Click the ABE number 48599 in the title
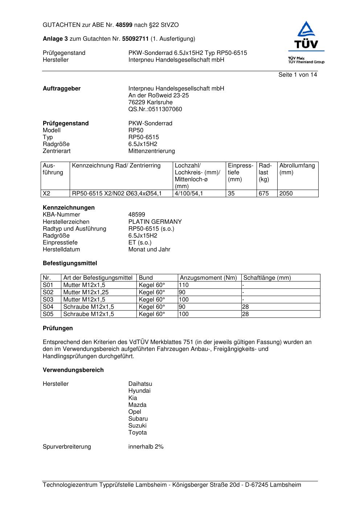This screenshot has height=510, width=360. click(124, 25)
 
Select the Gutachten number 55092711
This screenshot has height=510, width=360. click(135, 39)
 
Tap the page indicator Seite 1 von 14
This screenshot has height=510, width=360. click(298, 75)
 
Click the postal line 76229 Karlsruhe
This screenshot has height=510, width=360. click(150, 102)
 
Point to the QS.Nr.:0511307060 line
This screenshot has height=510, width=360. click(155, 109)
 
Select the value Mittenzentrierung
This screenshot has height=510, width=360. click(151, 151)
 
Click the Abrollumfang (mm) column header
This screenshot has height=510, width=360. click(297, 169)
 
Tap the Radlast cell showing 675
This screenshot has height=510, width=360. click(264, 194)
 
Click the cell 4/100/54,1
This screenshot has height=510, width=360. click(189, 194)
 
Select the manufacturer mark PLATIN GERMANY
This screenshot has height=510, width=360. click(155, 222)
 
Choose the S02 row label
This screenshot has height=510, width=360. click(48, 292)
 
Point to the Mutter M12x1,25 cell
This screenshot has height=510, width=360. click(86, 292)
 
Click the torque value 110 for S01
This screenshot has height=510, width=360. click(184, 285)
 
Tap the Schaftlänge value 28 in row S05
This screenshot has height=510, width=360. click(246, 314)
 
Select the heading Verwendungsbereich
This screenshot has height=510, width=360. click(73, 370)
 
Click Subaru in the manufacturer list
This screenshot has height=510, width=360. click(138, 419)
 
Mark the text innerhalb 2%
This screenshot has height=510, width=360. click(146, 447)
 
